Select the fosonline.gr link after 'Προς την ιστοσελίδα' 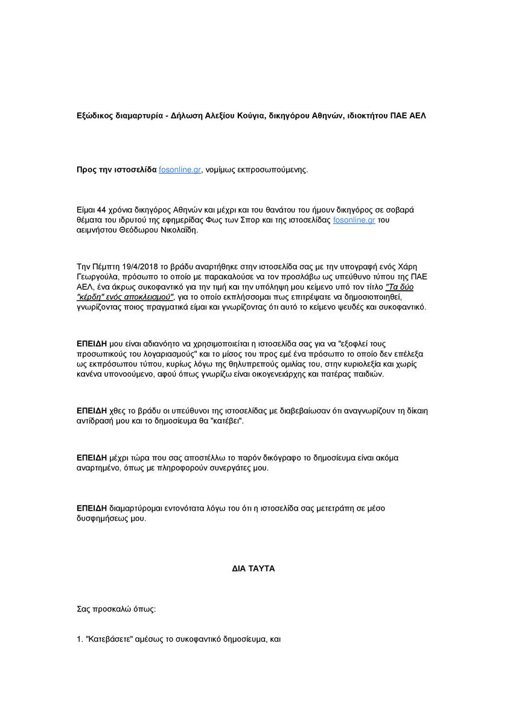(x=180, y=170)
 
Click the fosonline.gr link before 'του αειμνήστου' (x=354, y=220)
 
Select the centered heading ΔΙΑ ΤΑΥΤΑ (x=253, y=569)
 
